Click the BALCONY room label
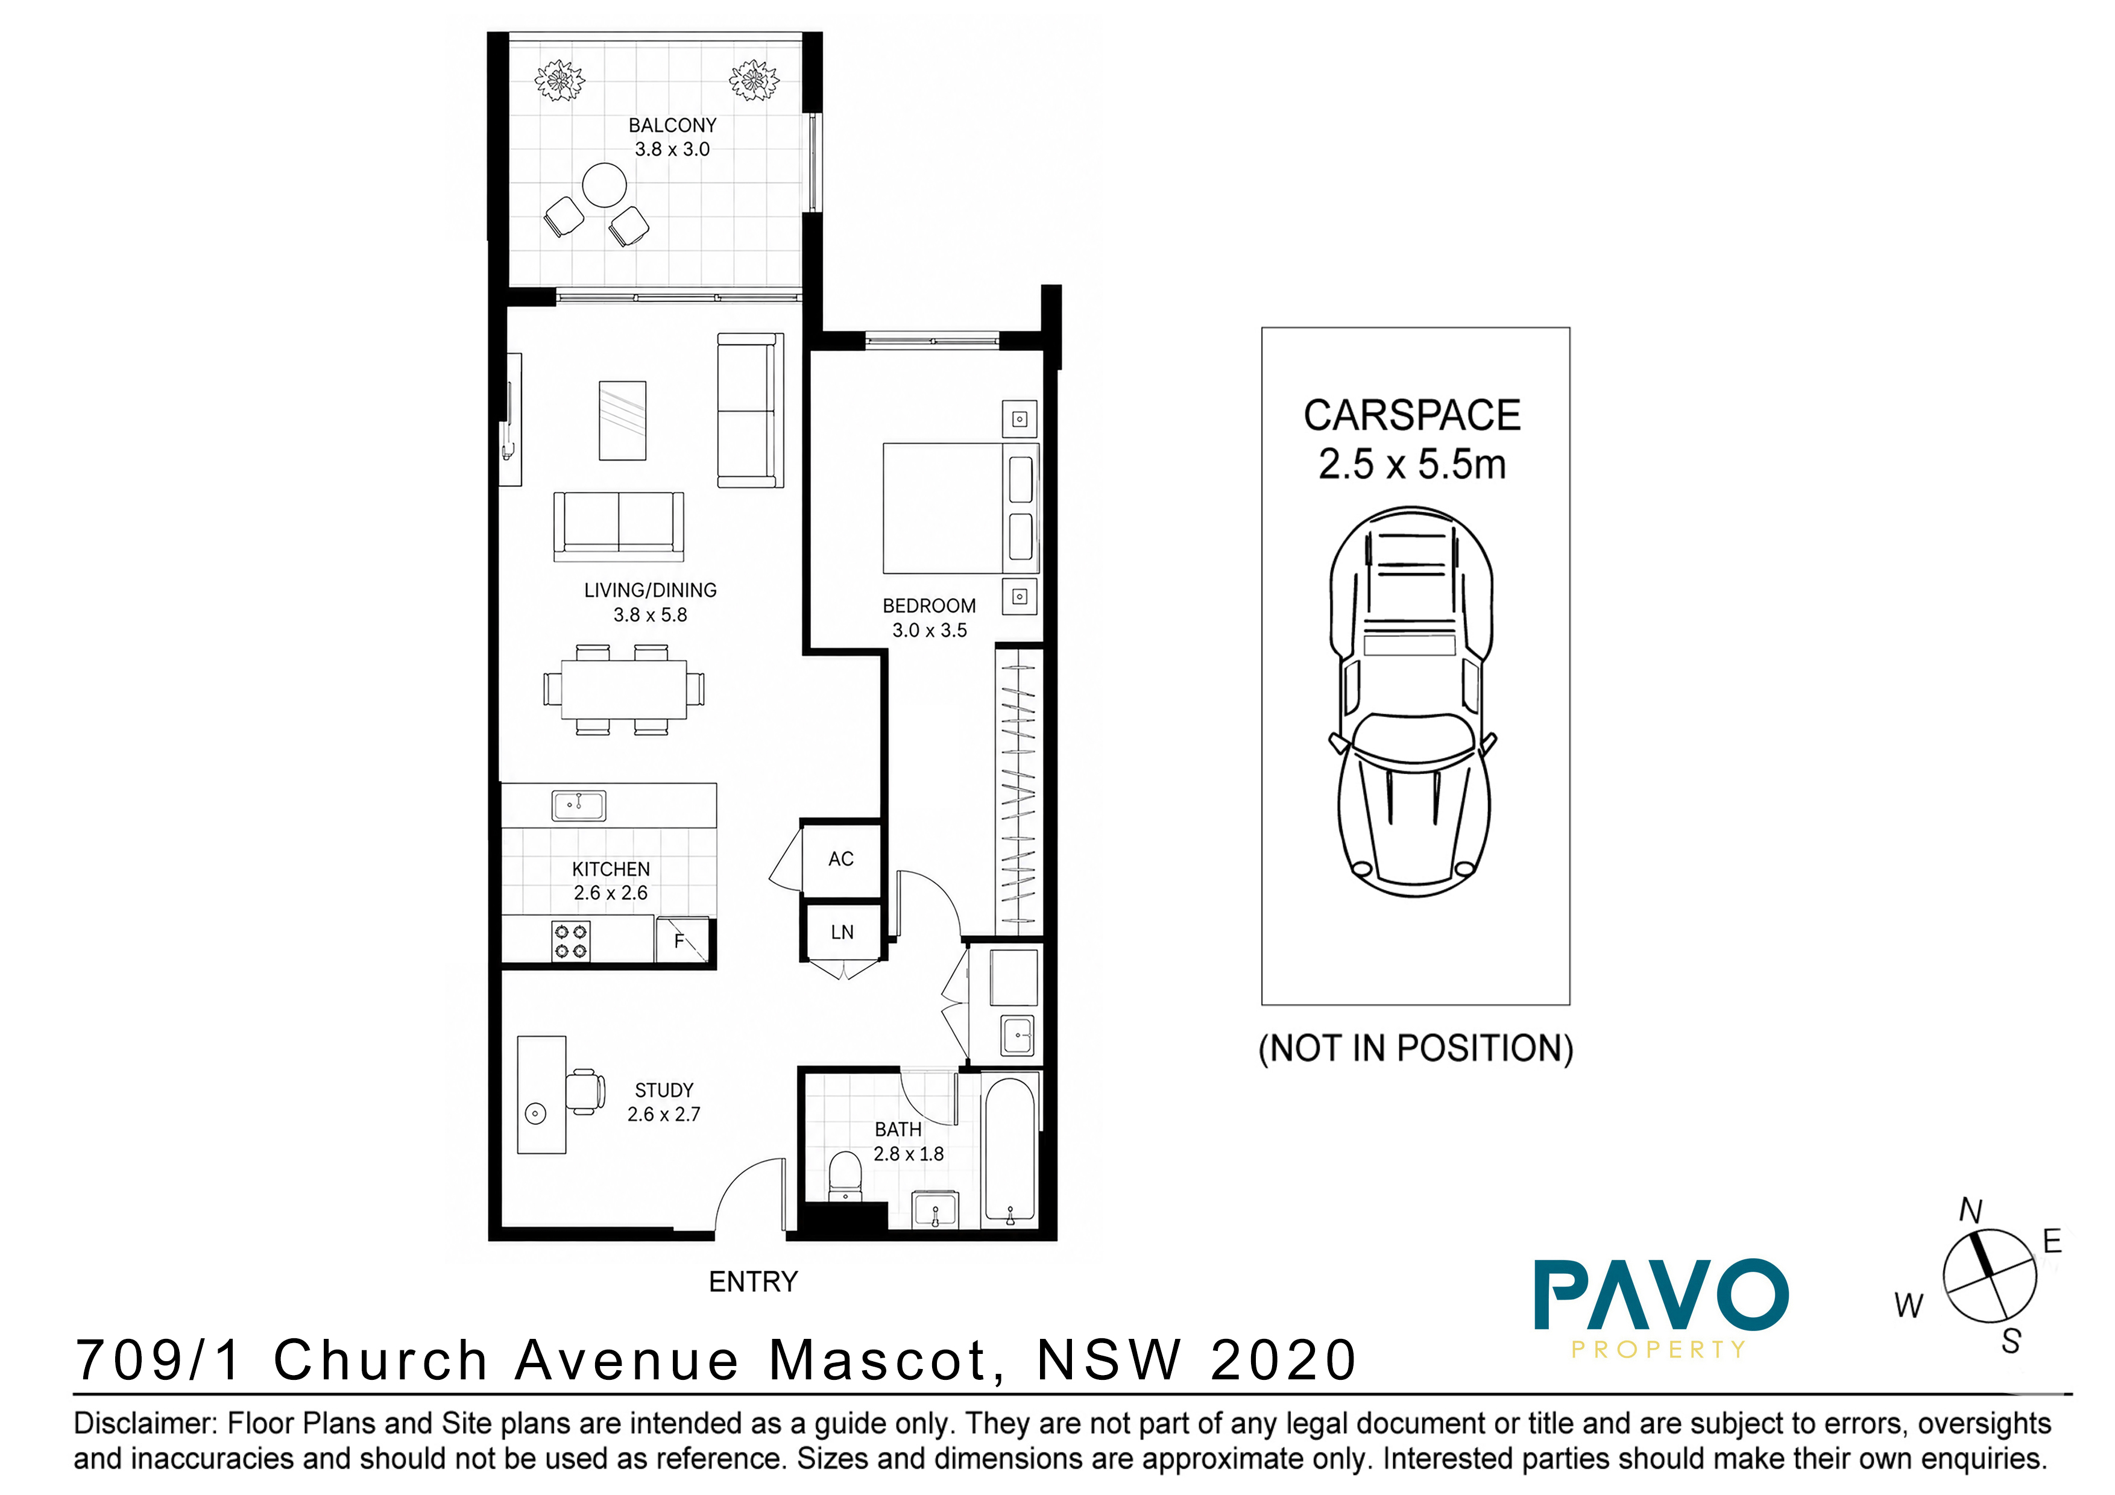(x=672, y=125)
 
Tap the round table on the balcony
(x=604, y=185)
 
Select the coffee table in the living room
(x=623, y=420)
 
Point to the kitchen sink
(x=579, y=806)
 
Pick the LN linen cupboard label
(x=842, y=932)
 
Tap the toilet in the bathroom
(x=845, y=1176)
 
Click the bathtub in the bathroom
(x=1010, y=1151)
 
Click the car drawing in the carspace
(x=1412, y=701)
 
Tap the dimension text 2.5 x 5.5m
(x=1412, y=464)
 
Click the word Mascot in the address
(x=887, y=1361)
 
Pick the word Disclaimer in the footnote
(x=145, y=1423)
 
